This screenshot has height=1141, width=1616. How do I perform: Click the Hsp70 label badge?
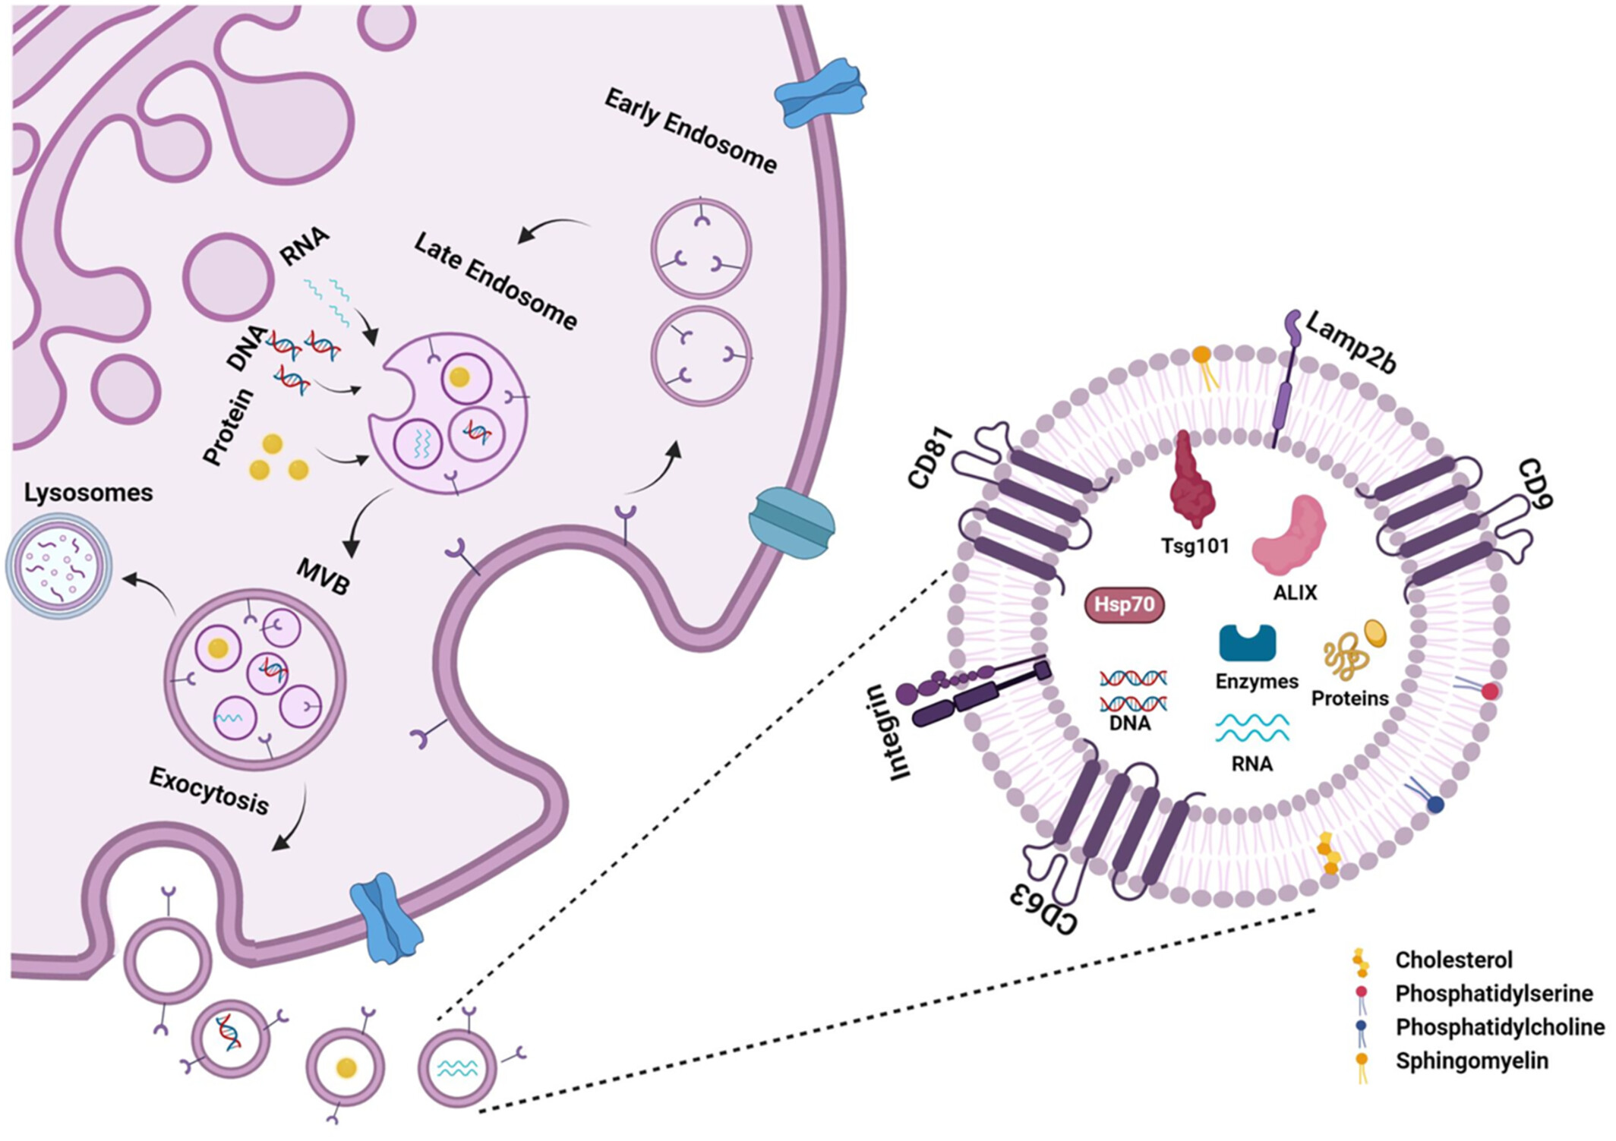pyautogui.click(x=1124, y=604)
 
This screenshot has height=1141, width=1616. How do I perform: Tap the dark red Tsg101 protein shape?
pyautogui.click(x=1193, y=478)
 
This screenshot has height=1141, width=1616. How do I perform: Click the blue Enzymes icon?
pyautogui.click(x=1247, y=642)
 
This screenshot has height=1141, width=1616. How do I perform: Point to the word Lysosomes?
pyautogui.click(x=88, y=493)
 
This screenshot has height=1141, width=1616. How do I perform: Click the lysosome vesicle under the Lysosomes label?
pyautogui.click(x=59, y=566)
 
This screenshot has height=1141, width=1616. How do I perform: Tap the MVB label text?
pyautogui.click(x=323, y=576)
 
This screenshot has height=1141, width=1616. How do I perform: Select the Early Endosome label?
pyautogui.click(x=690, y=131)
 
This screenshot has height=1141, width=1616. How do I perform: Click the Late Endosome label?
pyautogui.click(x=495, y=282)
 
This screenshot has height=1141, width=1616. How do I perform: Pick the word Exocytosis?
pyautogui.click(x=209, y=790)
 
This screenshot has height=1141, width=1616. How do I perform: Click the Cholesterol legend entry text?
pyautogui.click(x=1453, y=960)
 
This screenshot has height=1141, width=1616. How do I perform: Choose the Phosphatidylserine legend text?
pyautogui.click(x=1494, y=993)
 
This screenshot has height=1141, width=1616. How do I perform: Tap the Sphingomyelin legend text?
pyautogui.click(x=1472, y=1061)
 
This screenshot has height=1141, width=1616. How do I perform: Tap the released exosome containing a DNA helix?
pyautogui.click(x=230, y=1038)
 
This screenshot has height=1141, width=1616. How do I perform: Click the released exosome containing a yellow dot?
pyautogui.click(x=346, y=1067)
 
